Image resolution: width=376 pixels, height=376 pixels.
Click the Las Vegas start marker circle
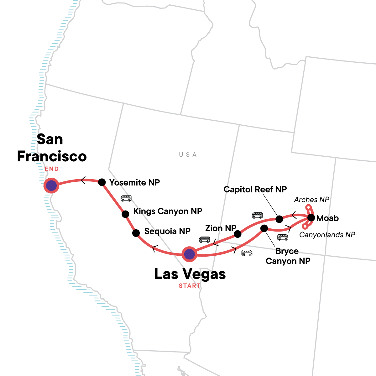pyautogui.click(x=189, y=254)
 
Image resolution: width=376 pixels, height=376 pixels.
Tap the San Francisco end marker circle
pyautogui.click(x=51, y=186)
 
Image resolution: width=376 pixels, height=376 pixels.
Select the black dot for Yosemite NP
pyautogui.click(x=102, y=182)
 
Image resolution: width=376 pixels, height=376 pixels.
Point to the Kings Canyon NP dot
pyautogui.click(x=125, y=214)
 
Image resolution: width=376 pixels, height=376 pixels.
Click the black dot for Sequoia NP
pyautogui.click(x=136, y=233)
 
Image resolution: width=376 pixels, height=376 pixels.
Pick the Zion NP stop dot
pyautogui.click(x=238, y=234)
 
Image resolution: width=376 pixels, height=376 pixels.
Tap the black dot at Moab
pyautogui.click(x=311, y=217)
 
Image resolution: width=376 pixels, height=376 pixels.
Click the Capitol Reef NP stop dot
pyautogui.click(x=279, y=218)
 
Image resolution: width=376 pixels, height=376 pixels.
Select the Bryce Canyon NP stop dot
pyautogui.click(x=264, y=228)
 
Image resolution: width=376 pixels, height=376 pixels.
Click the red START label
pyautogui.click(x=190, y=286)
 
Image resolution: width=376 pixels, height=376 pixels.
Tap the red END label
pyautogui.click(x=52, y=169)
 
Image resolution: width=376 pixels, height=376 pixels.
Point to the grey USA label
pyautogui.click(x=188, y=155)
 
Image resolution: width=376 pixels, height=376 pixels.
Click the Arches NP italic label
pyautogui.click(x=312, y=200)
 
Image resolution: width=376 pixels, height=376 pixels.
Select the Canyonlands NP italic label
pyautogui.click(x=327, y=235)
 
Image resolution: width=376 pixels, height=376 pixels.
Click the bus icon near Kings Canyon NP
pyautogui.click(x=126, y=198)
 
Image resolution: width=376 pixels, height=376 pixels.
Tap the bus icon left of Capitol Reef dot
pyautogui.click(x=257, y=215)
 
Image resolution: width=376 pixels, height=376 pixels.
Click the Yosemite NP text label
pyautogui.click(x=135, y=182)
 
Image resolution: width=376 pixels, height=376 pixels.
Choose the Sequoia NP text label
pyautogui.click(x=167, y=231)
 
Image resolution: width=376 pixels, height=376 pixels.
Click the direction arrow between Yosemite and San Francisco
pyautogui.click(x=83, y=180)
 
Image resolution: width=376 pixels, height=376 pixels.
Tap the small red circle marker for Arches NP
pyautogui.click(x=308, y=207)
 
